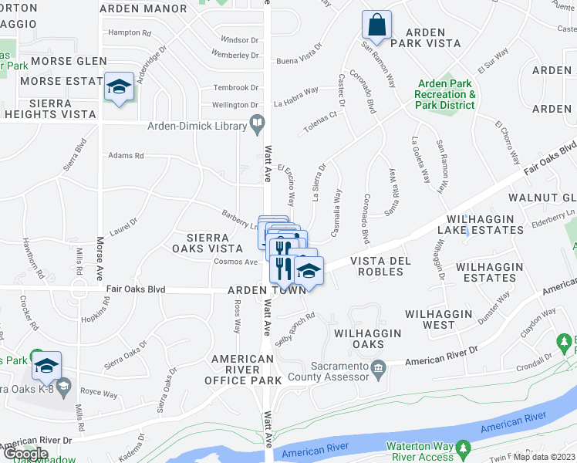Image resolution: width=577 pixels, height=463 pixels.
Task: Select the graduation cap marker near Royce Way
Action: [x=46, y=364]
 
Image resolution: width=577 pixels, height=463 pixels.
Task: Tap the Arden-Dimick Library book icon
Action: [x=257, y=123]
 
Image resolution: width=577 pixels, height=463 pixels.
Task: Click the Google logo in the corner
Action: [x=25, y=454]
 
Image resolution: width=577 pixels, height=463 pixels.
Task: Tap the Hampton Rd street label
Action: [x=129, y=32]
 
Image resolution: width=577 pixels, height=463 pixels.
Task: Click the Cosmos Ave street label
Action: [x=235, y=262]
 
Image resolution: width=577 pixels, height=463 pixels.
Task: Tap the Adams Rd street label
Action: [x=126, y=155]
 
